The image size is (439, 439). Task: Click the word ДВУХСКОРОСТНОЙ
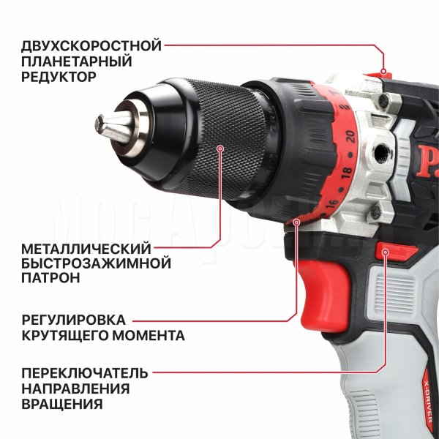(x=91, y=46)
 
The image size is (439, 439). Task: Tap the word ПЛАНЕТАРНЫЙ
(x=76, y=61)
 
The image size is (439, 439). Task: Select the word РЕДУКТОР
(x=59, y=76)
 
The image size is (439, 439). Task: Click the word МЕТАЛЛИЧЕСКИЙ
(x=86, y=249)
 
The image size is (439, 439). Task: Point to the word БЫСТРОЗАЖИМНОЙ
(x=96, y=263)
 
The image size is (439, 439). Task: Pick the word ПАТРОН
(x=50, y=278)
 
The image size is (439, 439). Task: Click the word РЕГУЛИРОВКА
(x=74, y=320)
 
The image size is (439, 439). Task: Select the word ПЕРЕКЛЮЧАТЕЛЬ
(x=85, y=373)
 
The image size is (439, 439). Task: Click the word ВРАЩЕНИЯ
(x=62, y=404)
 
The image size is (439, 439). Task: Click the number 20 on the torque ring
(x=350, y=136)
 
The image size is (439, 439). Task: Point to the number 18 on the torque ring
(x=347, y=173)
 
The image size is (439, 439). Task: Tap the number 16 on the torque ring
(x=333, y=203)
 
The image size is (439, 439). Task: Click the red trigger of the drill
(x=324, y=297)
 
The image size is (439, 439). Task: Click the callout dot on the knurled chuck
(x=221, y=149)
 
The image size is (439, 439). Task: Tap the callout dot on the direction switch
(x=386, y=252)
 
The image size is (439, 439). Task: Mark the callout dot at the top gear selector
(x=383, y=72)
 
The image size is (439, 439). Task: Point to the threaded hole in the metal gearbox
(x=380, y=153)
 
